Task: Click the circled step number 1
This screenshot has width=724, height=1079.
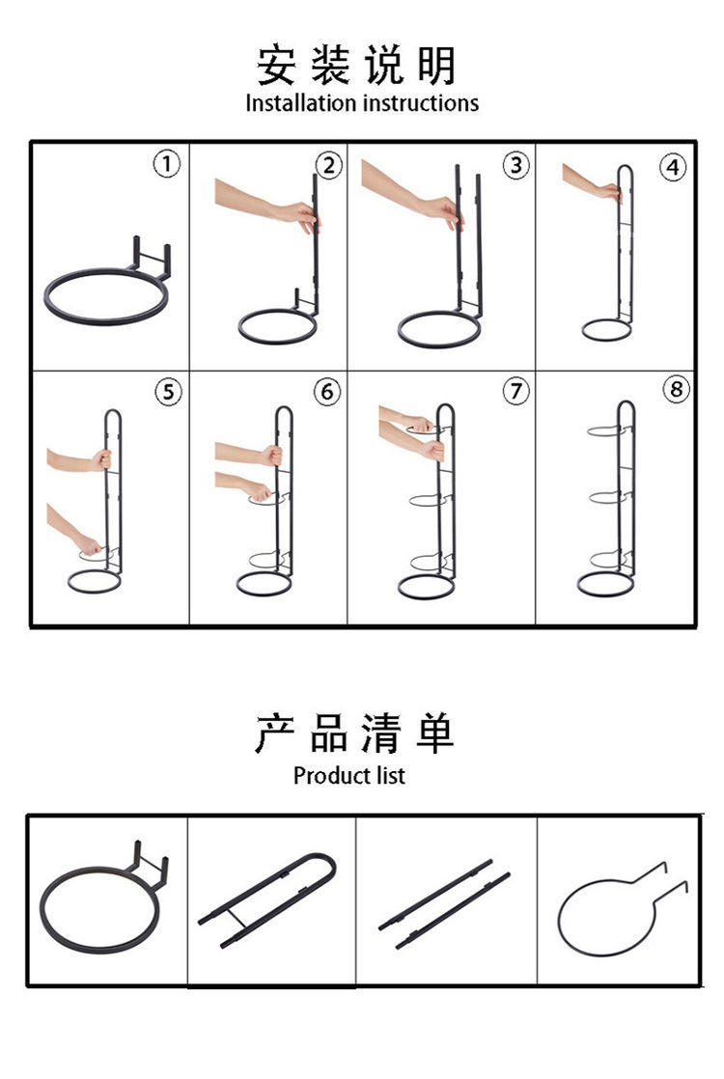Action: (x=166, y=164)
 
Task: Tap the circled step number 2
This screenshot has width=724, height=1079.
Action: (x=329, y=165)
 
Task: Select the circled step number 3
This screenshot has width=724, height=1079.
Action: (x=516, y=165)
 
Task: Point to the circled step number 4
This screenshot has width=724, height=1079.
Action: (x=673, y=167)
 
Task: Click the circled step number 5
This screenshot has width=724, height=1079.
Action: (x=168, y=392)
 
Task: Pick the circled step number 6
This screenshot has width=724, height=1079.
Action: (x=327, y=392)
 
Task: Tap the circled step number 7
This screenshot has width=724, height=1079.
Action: (x=515, y=391)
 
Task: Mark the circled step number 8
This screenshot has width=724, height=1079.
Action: (x=676, y=390)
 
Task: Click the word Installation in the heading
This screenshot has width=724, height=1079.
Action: (x=301, y=103)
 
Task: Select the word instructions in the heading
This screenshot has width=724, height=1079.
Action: (x=421, y=103)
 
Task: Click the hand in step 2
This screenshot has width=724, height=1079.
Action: (x=297, y=214)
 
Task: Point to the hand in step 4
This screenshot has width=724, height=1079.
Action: (x=608, y=192)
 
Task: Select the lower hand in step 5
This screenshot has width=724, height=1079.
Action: (x=88, y=544)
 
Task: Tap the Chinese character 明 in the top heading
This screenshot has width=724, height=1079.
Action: (x=436, y=65)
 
